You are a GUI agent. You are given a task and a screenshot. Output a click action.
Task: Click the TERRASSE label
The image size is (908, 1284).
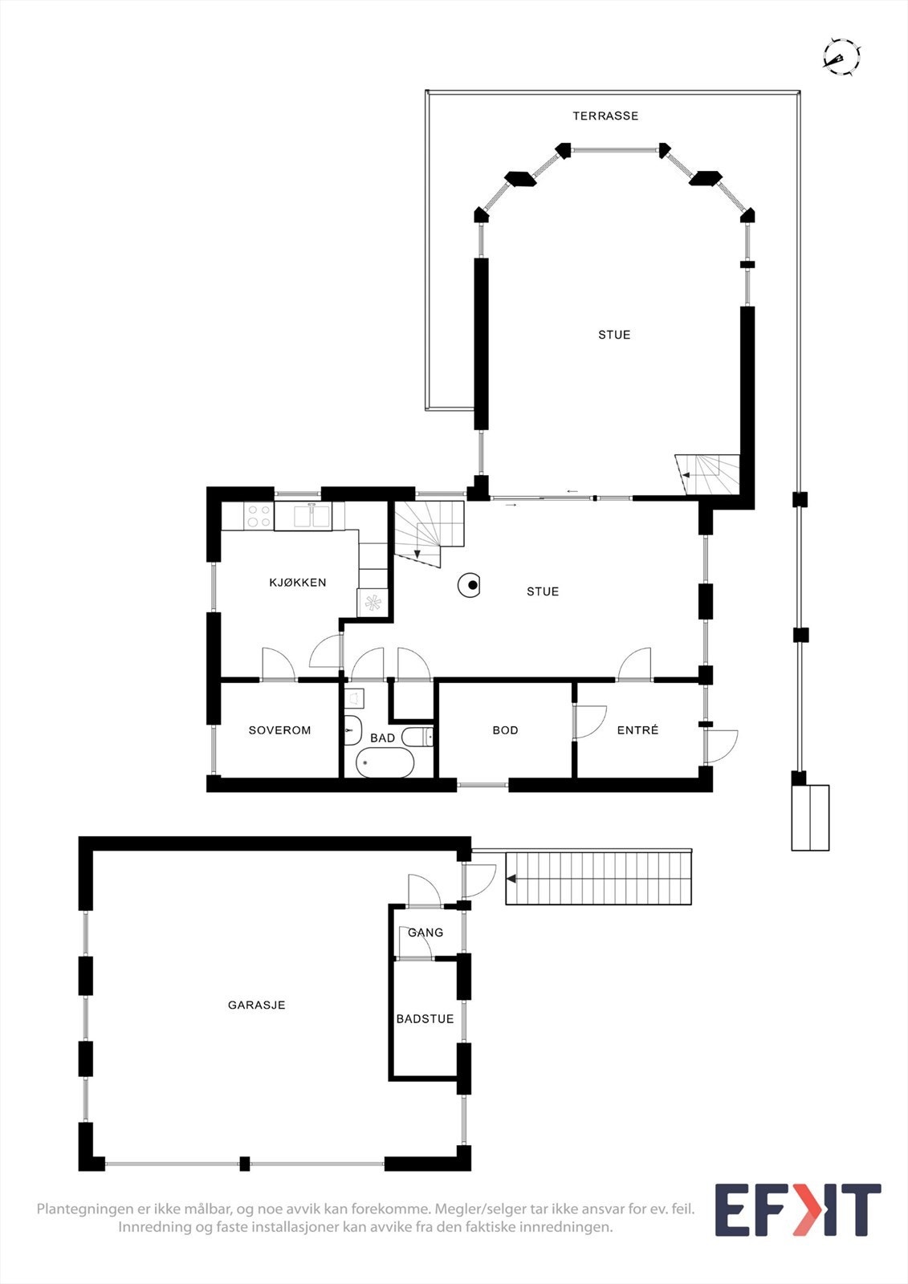(605, 116)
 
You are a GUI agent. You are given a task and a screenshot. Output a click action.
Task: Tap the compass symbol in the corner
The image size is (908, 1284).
(841, 57)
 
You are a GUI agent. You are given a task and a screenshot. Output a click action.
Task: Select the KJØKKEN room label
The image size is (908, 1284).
(298, 583)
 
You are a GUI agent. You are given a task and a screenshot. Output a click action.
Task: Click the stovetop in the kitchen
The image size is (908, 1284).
(259, 516)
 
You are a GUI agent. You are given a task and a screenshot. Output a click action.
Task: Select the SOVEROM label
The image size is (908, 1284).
(279, 730)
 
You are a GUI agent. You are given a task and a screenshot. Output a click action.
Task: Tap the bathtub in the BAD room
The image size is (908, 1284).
(385, 762)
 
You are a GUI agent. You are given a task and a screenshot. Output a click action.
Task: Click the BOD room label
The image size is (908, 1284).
(505, 730)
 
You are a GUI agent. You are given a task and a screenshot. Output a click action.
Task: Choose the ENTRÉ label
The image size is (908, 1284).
(637, 730)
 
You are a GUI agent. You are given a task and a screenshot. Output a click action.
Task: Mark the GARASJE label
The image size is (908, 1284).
(257, 1005)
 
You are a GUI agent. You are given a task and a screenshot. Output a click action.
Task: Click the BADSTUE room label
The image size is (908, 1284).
(425, 1019)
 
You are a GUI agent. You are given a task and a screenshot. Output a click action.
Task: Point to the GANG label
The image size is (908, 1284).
(425, 933)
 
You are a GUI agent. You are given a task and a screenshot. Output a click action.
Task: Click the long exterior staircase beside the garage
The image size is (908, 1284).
(598, 879)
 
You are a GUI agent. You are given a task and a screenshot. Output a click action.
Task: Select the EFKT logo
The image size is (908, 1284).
(797, 1210)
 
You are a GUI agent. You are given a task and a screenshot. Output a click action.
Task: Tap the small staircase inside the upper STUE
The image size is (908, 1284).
(707, 474)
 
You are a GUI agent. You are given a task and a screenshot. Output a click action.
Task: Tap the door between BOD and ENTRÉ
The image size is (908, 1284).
(590, 721)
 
